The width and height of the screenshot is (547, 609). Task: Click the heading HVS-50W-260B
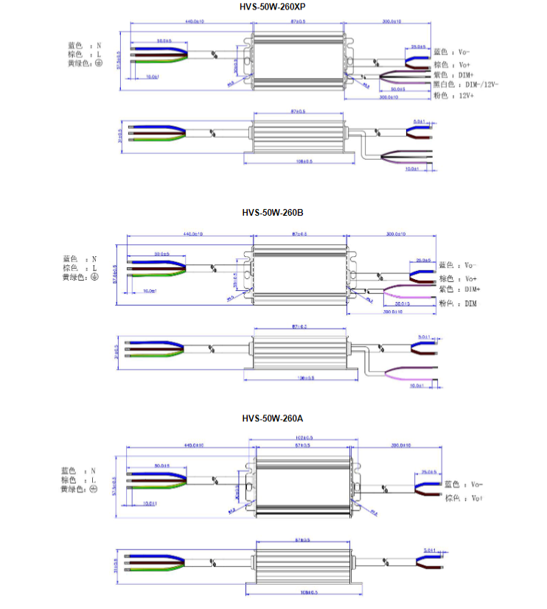click(273, 213)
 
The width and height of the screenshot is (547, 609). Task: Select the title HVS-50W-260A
click(273, 418)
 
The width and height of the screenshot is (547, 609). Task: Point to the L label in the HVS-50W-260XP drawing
click(97, 54)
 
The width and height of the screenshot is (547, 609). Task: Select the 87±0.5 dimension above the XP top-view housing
click(299, 23)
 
